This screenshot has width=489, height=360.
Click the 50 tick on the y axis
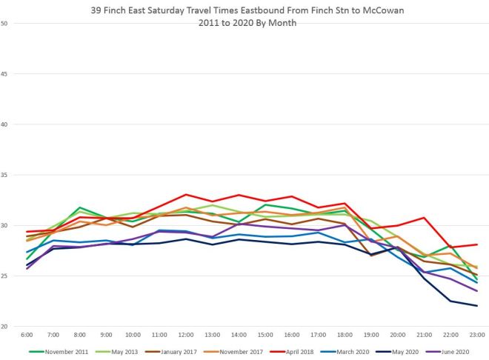pyautogui.click(x=4, y=23)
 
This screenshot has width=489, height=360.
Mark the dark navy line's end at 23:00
pyautogui.click(x=476, y=306)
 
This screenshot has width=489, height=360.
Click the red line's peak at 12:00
pyautogui.click(x=187, y=195)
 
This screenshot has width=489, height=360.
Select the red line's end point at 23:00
pyautogui.click(x=476, y=244)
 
